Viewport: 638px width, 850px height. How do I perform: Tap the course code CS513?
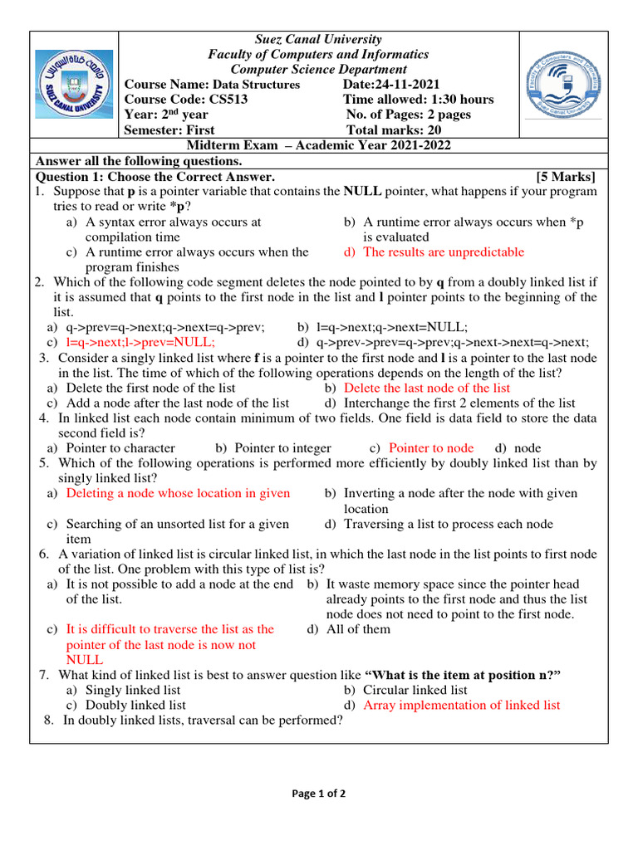tap(220, 100)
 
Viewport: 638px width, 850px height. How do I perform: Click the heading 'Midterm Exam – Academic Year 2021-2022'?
tap(318, 145)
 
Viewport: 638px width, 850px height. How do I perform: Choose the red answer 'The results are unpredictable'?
tap(444, 252)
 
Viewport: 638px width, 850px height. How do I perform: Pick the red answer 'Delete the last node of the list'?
tap(427, 388)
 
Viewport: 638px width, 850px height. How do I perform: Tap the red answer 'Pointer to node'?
tap(431, 448)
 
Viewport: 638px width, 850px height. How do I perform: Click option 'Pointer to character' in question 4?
tap(120, 448)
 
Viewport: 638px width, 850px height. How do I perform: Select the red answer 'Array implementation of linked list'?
tap(462, 705)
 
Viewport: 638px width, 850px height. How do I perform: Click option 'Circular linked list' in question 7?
tap(415, 690)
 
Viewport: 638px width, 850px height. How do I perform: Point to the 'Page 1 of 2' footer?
tap(318, 794)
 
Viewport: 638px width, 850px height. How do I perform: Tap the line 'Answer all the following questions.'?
tap(138, 161)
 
